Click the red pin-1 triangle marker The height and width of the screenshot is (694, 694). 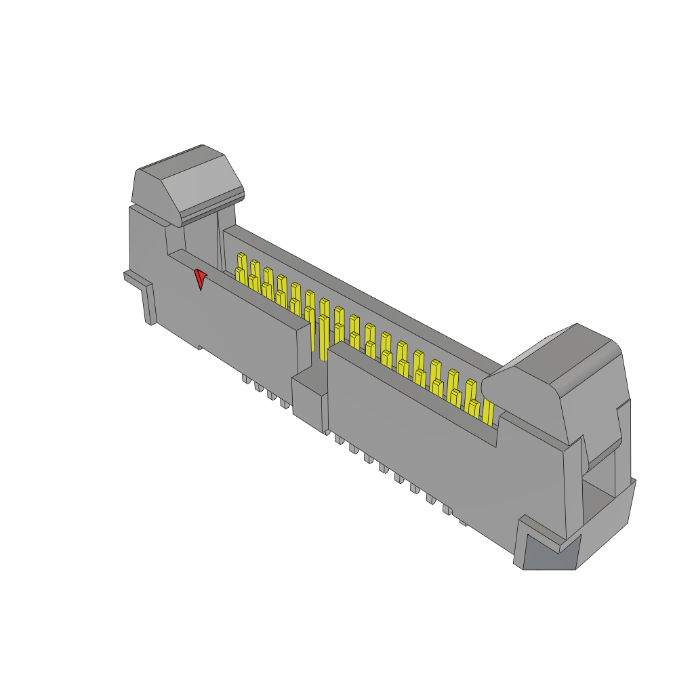click(200, 278)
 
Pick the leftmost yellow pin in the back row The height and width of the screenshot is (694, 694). click(241, 261)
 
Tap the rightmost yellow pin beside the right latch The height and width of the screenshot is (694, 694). click(488, 410)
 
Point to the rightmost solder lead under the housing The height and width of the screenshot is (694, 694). click(463, 522)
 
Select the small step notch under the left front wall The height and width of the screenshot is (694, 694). click(201, 348)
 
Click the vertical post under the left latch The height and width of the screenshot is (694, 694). click(201, 237)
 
